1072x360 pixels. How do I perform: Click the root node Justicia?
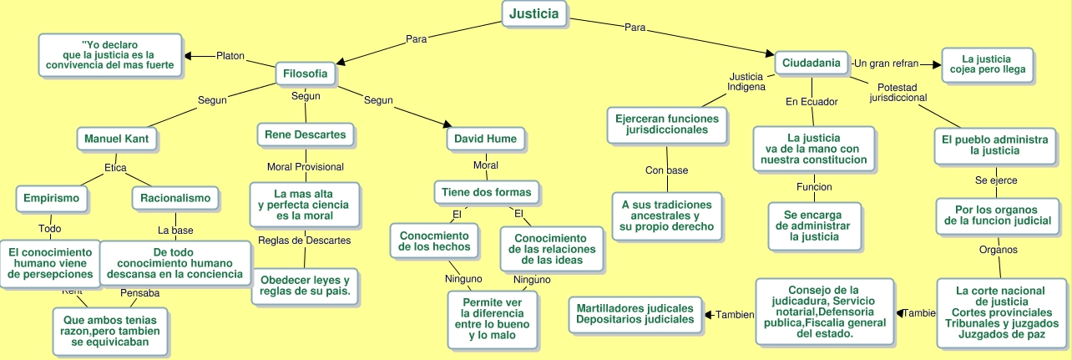click(x=534, y=14)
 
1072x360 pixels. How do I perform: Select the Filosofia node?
click(x=306, y=74)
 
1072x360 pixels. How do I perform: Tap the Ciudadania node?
click(x=811, y=63)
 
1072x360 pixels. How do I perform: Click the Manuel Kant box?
click(x=116, y=138)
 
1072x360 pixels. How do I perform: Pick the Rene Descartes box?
click(x=305, y=134)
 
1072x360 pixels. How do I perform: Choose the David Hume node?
click(x=485, y=138)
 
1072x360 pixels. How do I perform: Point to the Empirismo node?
click(x=52, y=199)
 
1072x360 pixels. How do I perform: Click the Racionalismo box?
click(x=175, y=199)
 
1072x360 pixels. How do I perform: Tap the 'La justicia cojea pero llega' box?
click(x=986, y=64)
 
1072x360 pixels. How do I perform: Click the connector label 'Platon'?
click(x=230, y=56)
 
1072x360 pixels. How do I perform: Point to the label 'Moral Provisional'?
click(x=305, y=167)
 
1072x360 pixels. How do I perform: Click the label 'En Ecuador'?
click(x=812, y=102)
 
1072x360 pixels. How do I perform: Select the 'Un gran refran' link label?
click(x=886, y=63)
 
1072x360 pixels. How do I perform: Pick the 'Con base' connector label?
click(x=666, y=170)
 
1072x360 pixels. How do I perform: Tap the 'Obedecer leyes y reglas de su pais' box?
click(x=305, y=285)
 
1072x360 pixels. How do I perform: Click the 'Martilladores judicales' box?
click(x=635, y=313)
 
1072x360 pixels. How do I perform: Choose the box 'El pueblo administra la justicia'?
click(x=994, y=145)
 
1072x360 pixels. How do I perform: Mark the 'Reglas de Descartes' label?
click(x=304, y=241)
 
